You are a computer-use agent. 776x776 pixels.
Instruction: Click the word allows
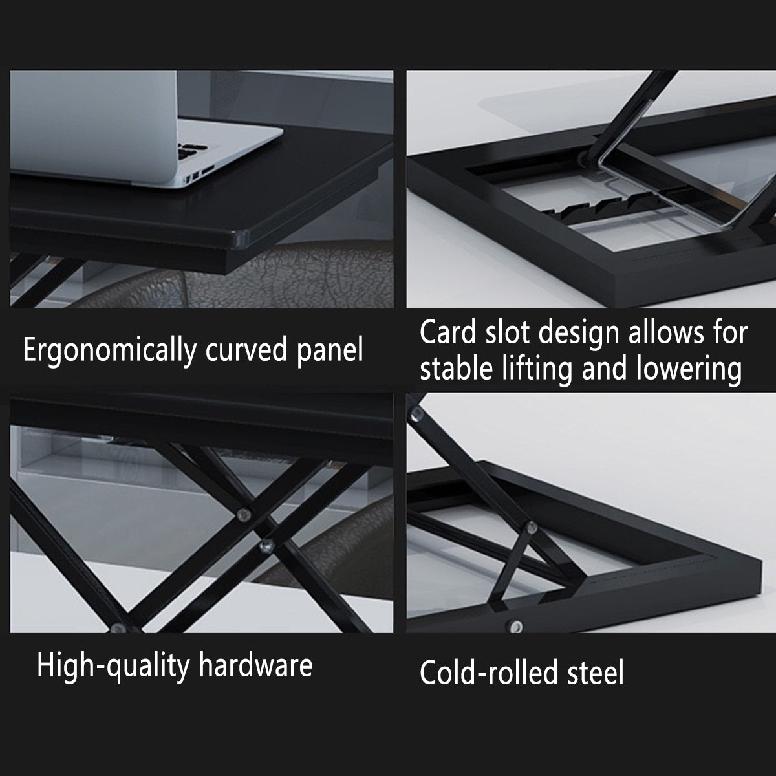(x=665, y=332)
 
